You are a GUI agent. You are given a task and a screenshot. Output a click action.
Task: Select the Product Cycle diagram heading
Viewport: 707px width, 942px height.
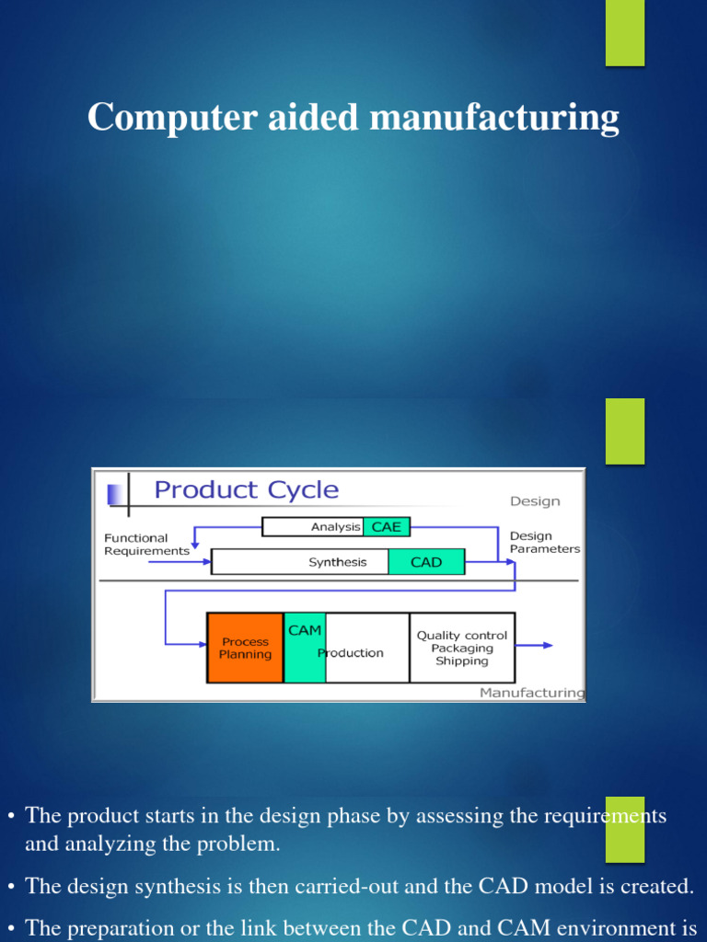246,489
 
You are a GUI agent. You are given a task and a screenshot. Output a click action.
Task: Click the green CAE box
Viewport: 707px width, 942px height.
386,527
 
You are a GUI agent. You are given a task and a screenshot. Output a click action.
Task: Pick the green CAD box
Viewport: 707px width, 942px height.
426,562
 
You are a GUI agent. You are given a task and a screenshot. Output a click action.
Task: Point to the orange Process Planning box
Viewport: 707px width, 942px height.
245,648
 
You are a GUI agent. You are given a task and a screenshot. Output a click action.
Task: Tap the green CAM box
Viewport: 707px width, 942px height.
305,648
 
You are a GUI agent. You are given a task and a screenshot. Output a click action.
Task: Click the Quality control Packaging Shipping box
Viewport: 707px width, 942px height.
462,648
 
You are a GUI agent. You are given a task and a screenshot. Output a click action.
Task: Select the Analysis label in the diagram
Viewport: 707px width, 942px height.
335,527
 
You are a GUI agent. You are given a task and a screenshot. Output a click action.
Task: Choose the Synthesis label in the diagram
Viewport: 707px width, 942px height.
337,562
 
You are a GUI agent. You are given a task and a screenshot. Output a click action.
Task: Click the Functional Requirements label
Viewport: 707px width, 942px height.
146,545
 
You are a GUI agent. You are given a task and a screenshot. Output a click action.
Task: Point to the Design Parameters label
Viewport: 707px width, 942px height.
545,542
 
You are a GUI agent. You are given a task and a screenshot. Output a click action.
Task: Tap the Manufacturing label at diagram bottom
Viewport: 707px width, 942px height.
531,693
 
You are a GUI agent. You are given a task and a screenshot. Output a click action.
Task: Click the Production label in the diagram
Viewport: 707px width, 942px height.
351,653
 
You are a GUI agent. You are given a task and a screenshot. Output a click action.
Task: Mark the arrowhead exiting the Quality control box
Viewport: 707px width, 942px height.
548,645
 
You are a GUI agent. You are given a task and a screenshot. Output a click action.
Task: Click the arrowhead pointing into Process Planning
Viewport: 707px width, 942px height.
202,642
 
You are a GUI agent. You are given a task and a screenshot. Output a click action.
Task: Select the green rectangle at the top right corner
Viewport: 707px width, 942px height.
625,33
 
